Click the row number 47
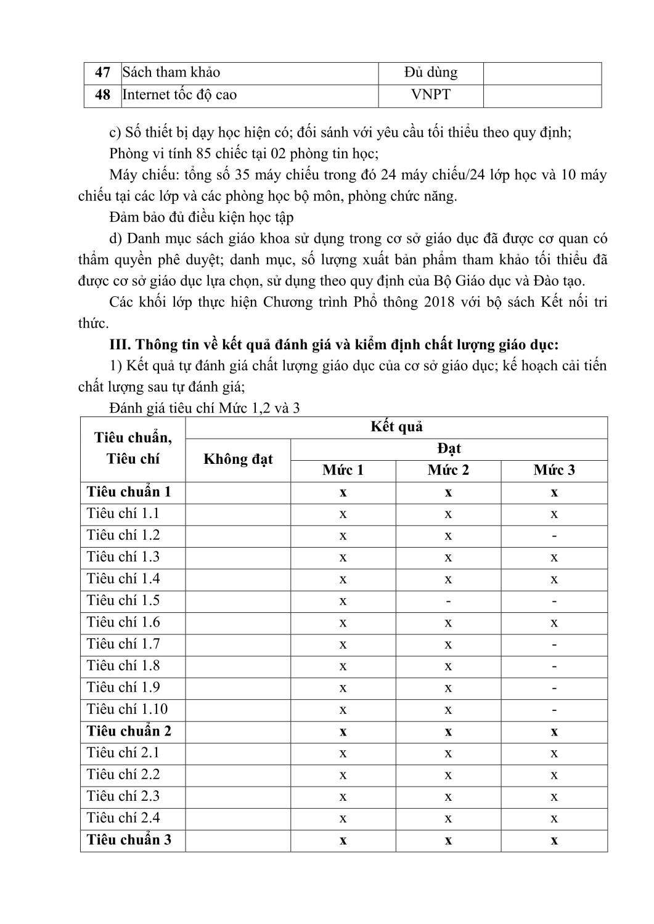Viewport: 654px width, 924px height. coord(102,73)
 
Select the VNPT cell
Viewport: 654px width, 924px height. coord(431,95)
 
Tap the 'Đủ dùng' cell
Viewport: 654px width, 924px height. coord(431,73)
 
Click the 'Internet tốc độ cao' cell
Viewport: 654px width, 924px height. coord(179,95)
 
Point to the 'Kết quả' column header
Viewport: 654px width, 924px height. coord(396,427)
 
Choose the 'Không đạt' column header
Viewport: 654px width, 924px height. coord(238,459)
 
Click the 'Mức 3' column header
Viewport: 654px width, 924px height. coord(554,471)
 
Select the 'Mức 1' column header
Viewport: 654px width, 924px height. coord(343,471)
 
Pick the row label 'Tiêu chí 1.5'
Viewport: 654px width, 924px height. coord(123,601)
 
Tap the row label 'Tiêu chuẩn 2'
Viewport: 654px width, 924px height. coord(129,731)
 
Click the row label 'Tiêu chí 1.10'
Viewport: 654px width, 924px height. coord(127,710)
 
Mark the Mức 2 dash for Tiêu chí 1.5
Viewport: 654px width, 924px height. coord(448,601)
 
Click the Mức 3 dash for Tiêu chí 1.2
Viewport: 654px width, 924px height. coord(554,536)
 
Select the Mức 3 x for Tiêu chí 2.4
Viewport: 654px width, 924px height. coord(554,818)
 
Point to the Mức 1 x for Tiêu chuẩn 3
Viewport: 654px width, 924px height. coord(343,840)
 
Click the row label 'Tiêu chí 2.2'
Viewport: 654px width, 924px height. coord(123,775)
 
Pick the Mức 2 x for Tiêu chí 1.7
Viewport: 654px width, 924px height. coord(448,644)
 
